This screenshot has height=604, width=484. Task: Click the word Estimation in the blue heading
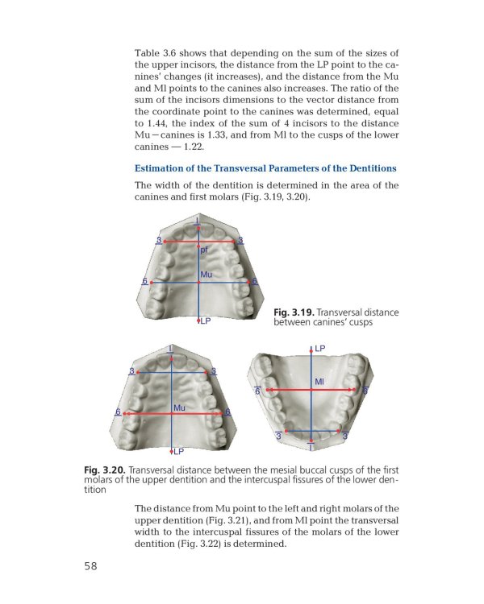coord(163,168)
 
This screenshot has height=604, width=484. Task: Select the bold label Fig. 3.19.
coord(294,312)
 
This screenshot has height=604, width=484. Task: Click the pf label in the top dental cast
coord(204,250)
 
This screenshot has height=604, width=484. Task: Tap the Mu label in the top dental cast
coord(206,275)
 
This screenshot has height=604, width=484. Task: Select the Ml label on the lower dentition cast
coord(319,381)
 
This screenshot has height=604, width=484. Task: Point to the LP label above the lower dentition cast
coord(320,349)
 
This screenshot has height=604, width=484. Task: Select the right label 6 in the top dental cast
coord(255,281)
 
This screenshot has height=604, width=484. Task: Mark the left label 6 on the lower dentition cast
coord(257,391)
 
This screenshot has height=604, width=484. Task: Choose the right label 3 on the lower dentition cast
coord(346,436)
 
